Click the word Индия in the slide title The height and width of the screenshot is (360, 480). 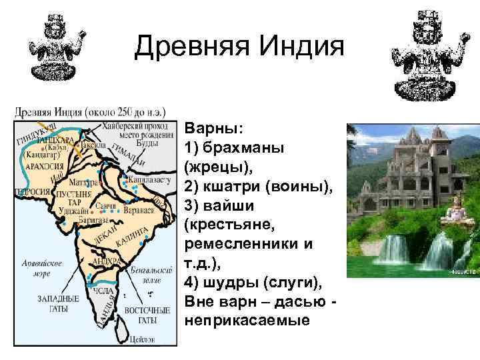(x=294, y=47)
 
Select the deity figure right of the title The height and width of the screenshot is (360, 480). (x=424, y=54)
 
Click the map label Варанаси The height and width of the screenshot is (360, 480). (x=141, y=207)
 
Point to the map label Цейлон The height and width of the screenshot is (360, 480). (x=143, y=339)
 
